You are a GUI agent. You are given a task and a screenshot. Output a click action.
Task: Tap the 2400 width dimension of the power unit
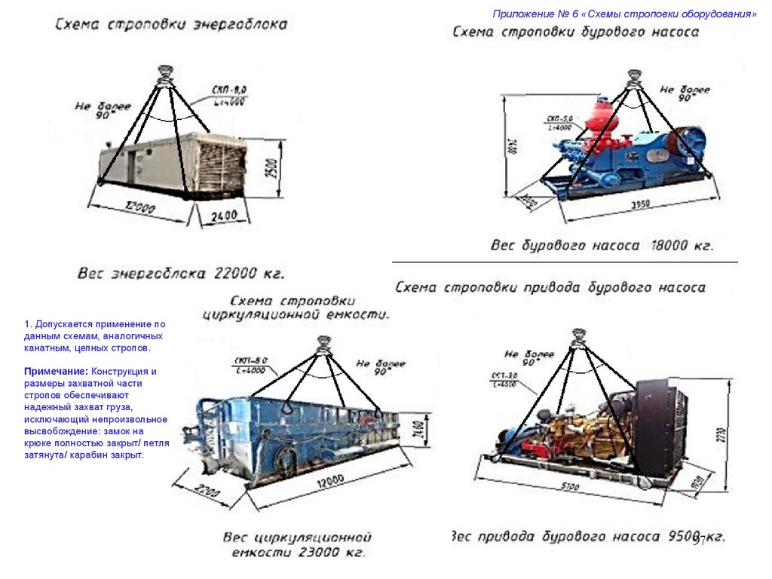pyautogui.click(x=222, y=216)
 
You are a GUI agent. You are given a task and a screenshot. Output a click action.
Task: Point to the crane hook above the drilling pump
pyautogui.click(x=634, y=76)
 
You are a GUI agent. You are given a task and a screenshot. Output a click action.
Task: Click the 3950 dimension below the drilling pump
pyautogui.click(x=641, y=205)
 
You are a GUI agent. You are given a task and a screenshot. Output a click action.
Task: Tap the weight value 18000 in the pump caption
pyautogui.click(x=669, y=245)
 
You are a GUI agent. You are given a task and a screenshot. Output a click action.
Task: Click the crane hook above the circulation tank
pyautogui.click(x=324, y=343)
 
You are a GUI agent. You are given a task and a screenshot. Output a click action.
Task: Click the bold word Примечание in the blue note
pyautogui.click(x=56, y=372)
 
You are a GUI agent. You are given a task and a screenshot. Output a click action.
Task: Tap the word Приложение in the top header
pyautogui.click(x=520, y=14)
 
